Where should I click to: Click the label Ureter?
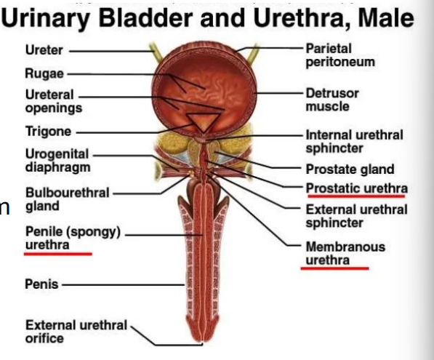[x=44, y=50]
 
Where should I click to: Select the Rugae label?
[x=44, y=73]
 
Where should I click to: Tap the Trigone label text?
[x=48, y=131]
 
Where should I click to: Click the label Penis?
[x=41, y=284]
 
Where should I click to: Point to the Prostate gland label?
[x=350, y=169]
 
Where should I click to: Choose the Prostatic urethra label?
[x=357, y=188]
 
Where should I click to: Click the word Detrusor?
[x=332, y=93]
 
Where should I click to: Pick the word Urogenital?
[x=57, y=154]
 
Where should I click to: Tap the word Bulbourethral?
[x=68, y=193]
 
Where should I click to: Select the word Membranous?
[x=345, y=247]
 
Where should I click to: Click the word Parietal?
[x=329, y=49]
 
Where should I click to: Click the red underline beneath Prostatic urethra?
[x=356, y=196]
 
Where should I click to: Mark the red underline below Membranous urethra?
[x=334, y=268]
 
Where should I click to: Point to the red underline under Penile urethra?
[x=58, y=254]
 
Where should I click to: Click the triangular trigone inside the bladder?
[x=204, y=121]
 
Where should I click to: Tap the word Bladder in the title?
[x=145, y=18]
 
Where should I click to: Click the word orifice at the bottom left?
[x=44, y=338]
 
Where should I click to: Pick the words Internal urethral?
[x=354, y=135]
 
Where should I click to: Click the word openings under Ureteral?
[x=54, y=108]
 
